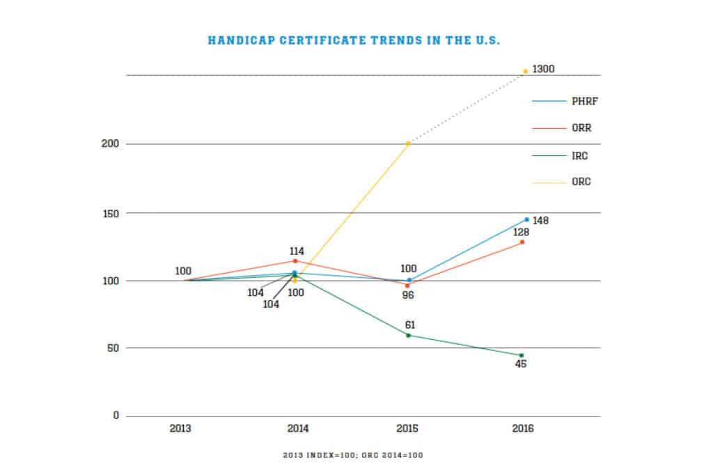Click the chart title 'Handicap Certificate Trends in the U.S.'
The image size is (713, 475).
click(354, 40)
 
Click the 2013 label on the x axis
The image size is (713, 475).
click(180, 428)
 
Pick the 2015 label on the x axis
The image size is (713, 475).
click(409, 428)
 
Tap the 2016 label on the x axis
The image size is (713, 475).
click(523, 428)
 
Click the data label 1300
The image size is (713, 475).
click(543, 70)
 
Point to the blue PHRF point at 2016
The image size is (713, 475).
click(526, 219)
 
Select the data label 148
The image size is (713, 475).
click(541, 221)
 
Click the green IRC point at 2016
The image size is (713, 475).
click(521, 356)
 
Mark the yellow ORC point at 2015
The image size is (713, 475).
click(409, 143)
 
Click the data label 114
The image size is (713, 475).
click(295, 251)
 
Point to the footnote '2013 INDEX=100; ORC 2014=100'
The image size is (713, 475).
click(353, 455)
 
